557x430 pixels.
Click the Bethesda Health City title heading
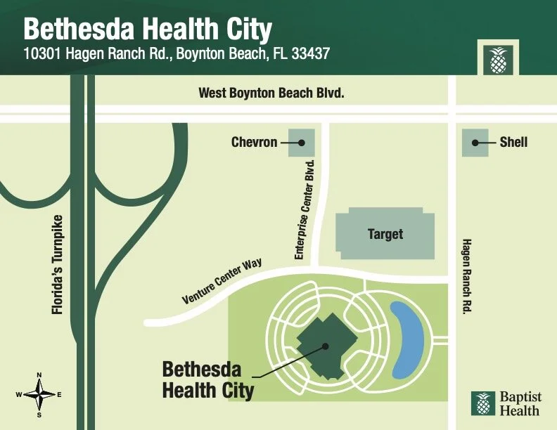(148, 29)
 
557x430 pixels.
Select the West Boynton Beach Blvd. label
(271, 93)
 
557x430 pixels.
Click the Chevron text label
(254, 143)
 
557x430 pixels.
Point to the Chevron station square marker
(301, 143)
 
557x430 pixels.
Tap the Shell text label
(513, 143)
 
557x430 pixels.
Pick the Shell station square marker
(475, 143)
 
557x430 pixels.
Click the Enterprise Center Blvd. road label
(308, 209)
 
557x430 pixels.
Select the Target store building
(385, 233)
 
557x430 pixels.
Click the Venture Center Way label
(222, 282)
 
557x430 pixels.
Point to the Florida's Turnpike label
(58, 263)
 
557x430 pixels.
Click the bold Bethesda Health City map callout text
(207, 379)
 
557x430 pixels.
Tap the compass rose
(39, 395)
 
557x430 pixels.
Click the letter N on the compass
(39, 375)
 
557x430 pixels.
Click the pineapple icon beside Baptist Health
(483, 403)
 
